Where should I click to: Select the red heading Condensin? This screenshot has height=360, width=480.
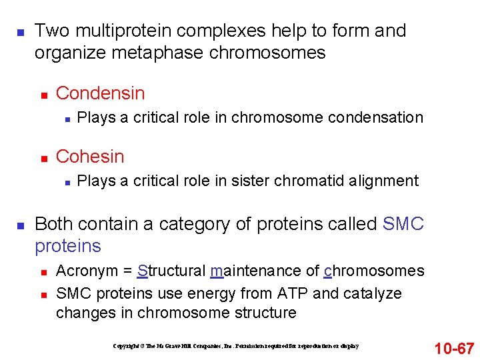tap(100, 93)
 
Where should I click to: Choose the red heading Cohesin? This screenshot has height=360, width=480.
tap(90, 157)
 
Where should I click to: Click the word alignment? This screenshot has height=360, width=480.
tap(383, 181)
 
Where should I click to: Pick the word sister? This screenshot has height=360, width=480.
tap(251, 181)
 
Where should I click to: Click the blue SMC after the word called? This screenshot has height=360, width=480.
tap(403, 224)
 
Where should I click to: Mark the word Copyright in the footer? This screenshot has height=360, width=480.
tap(127, 346)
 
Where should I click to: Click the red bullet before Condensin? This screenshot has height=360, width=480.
tap(43, 94)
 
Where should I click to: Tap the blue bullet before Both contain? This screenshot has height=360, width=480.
tap(21, 225)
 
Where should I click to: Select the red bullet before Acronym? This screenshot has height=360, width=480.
tap(43, 272)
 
